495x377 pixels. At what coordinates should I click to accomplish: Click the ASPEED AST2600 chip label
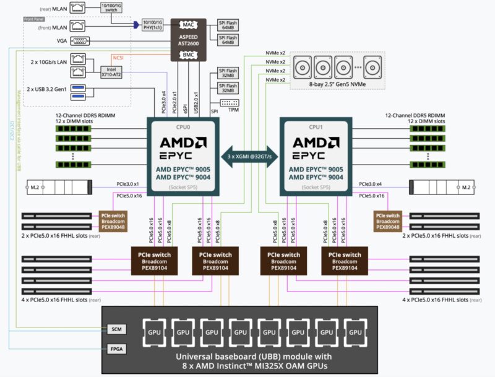(189, 40)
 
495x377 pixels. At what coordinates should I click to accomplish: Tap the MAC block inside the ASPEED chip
(189, 25)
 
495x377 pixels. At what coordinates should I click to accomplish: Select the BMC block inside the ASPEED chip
(189, 55)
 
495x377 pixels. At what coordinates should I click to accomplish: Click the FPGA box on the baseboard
(116, 349)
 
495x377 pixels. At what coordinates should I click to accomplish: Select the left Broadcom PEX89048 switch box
(113, 221)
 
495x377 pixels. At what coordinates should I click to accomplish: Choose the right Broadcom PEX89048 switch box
(388, 221)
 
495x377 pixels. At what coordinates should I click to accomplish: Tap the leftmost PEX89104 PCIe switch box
(155, 261)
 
